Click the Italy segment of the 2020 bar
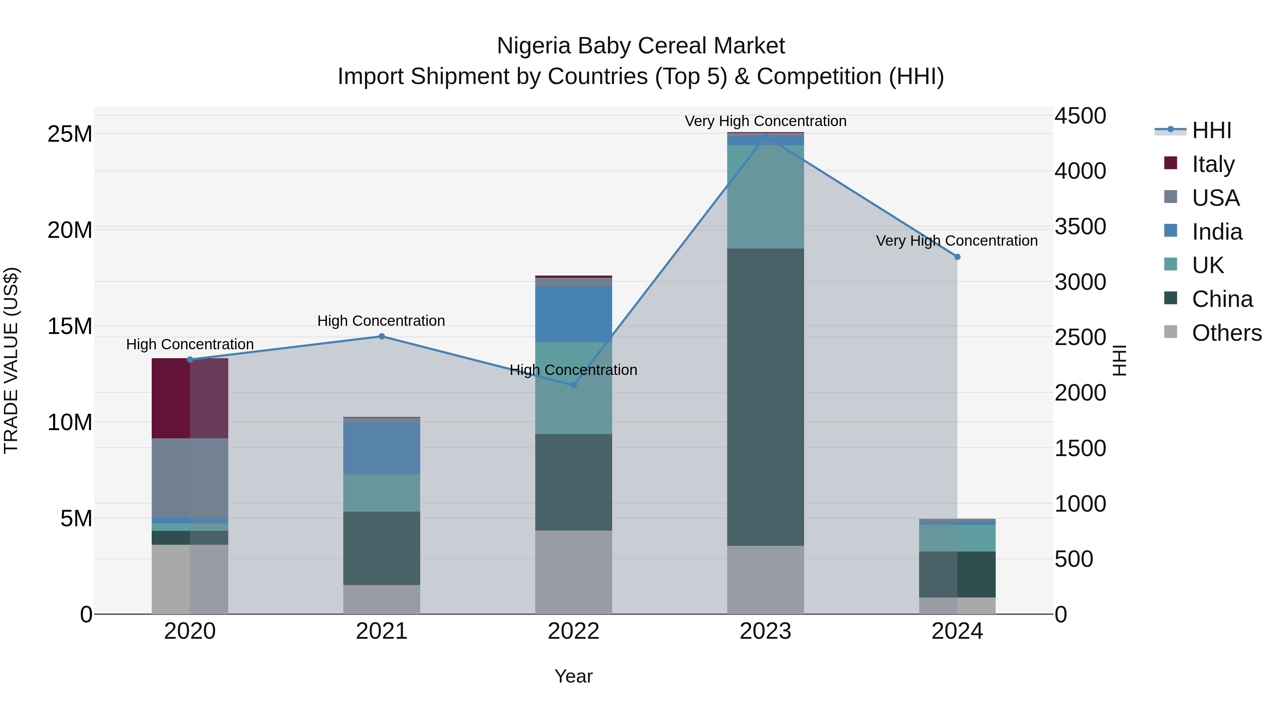(189, 398)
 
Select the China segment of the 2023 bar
(765, 397)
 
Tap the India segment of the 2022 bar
(573, 314)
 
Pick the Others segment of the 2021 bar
(382, 599)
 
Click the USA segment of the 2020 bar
(189, 478)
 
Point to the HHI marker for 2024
(957, 257)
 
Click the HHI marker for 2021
(382, 336)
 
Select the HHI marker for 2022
(573, 385)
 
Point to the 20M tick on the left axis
(70, 230)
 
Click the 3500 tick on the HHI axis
(1080, 226)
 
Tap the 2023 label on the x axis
(765, 631)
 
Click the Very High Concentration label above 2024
(957, 241)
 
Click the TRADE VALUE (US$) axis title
(11, 360)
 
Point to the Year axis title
(573, 676)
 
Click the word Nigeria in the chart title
(533, 46)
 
